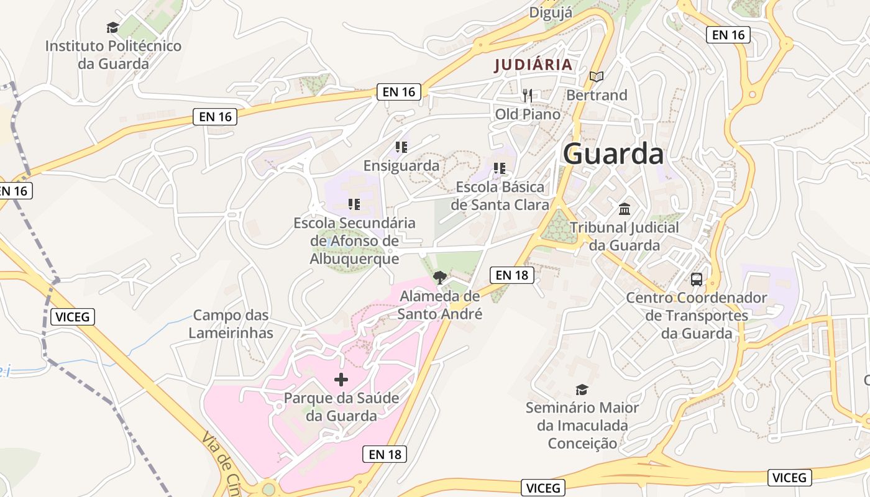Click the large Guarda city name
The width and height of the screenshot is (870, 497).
(613, 154)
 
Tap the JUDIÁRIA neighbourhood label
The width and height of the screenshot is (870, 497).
(533, 65)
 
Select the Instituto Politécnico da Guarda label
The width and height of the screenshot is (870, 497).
(113, 55)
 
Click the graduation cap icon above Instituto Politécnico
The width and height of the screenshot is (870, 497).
(112, 27)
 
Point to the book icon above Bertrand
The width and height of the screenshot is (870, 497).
(597, 76)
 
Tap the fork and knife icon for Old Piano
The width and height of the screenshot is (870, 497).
(528, 95)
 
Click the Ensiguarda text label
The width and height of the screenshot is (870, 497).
(401, 166)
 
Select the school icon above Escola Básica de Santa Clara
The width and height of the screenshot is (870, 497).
(499, 168)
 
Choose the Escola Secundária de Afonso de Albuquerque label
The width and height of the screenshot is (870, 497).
(354, 240)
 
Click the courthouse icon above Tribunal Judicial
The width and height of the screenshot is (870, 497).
(625, 209)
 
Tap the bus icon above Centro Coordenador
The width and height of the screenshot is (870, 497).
(697, 280)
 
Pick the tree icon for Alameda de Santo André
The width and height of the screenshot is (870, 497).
(440, 277)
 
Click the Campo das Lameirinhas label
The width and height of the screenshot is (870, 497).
(231, 324)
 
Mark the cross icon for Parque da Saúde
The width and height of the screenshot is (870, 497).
(341, 379)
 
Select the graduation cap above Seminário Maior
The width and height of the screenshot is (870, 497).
(582, 390)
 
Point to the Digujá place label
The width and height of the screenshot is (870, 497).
(551, 12)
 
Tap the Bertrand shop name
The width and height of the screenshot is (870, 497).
(597, 95)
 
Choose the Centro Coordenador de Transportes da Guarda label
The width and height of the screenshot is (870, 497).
(697, 316)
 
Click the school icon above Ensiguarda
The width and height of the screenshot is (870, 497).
(401, 147)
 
